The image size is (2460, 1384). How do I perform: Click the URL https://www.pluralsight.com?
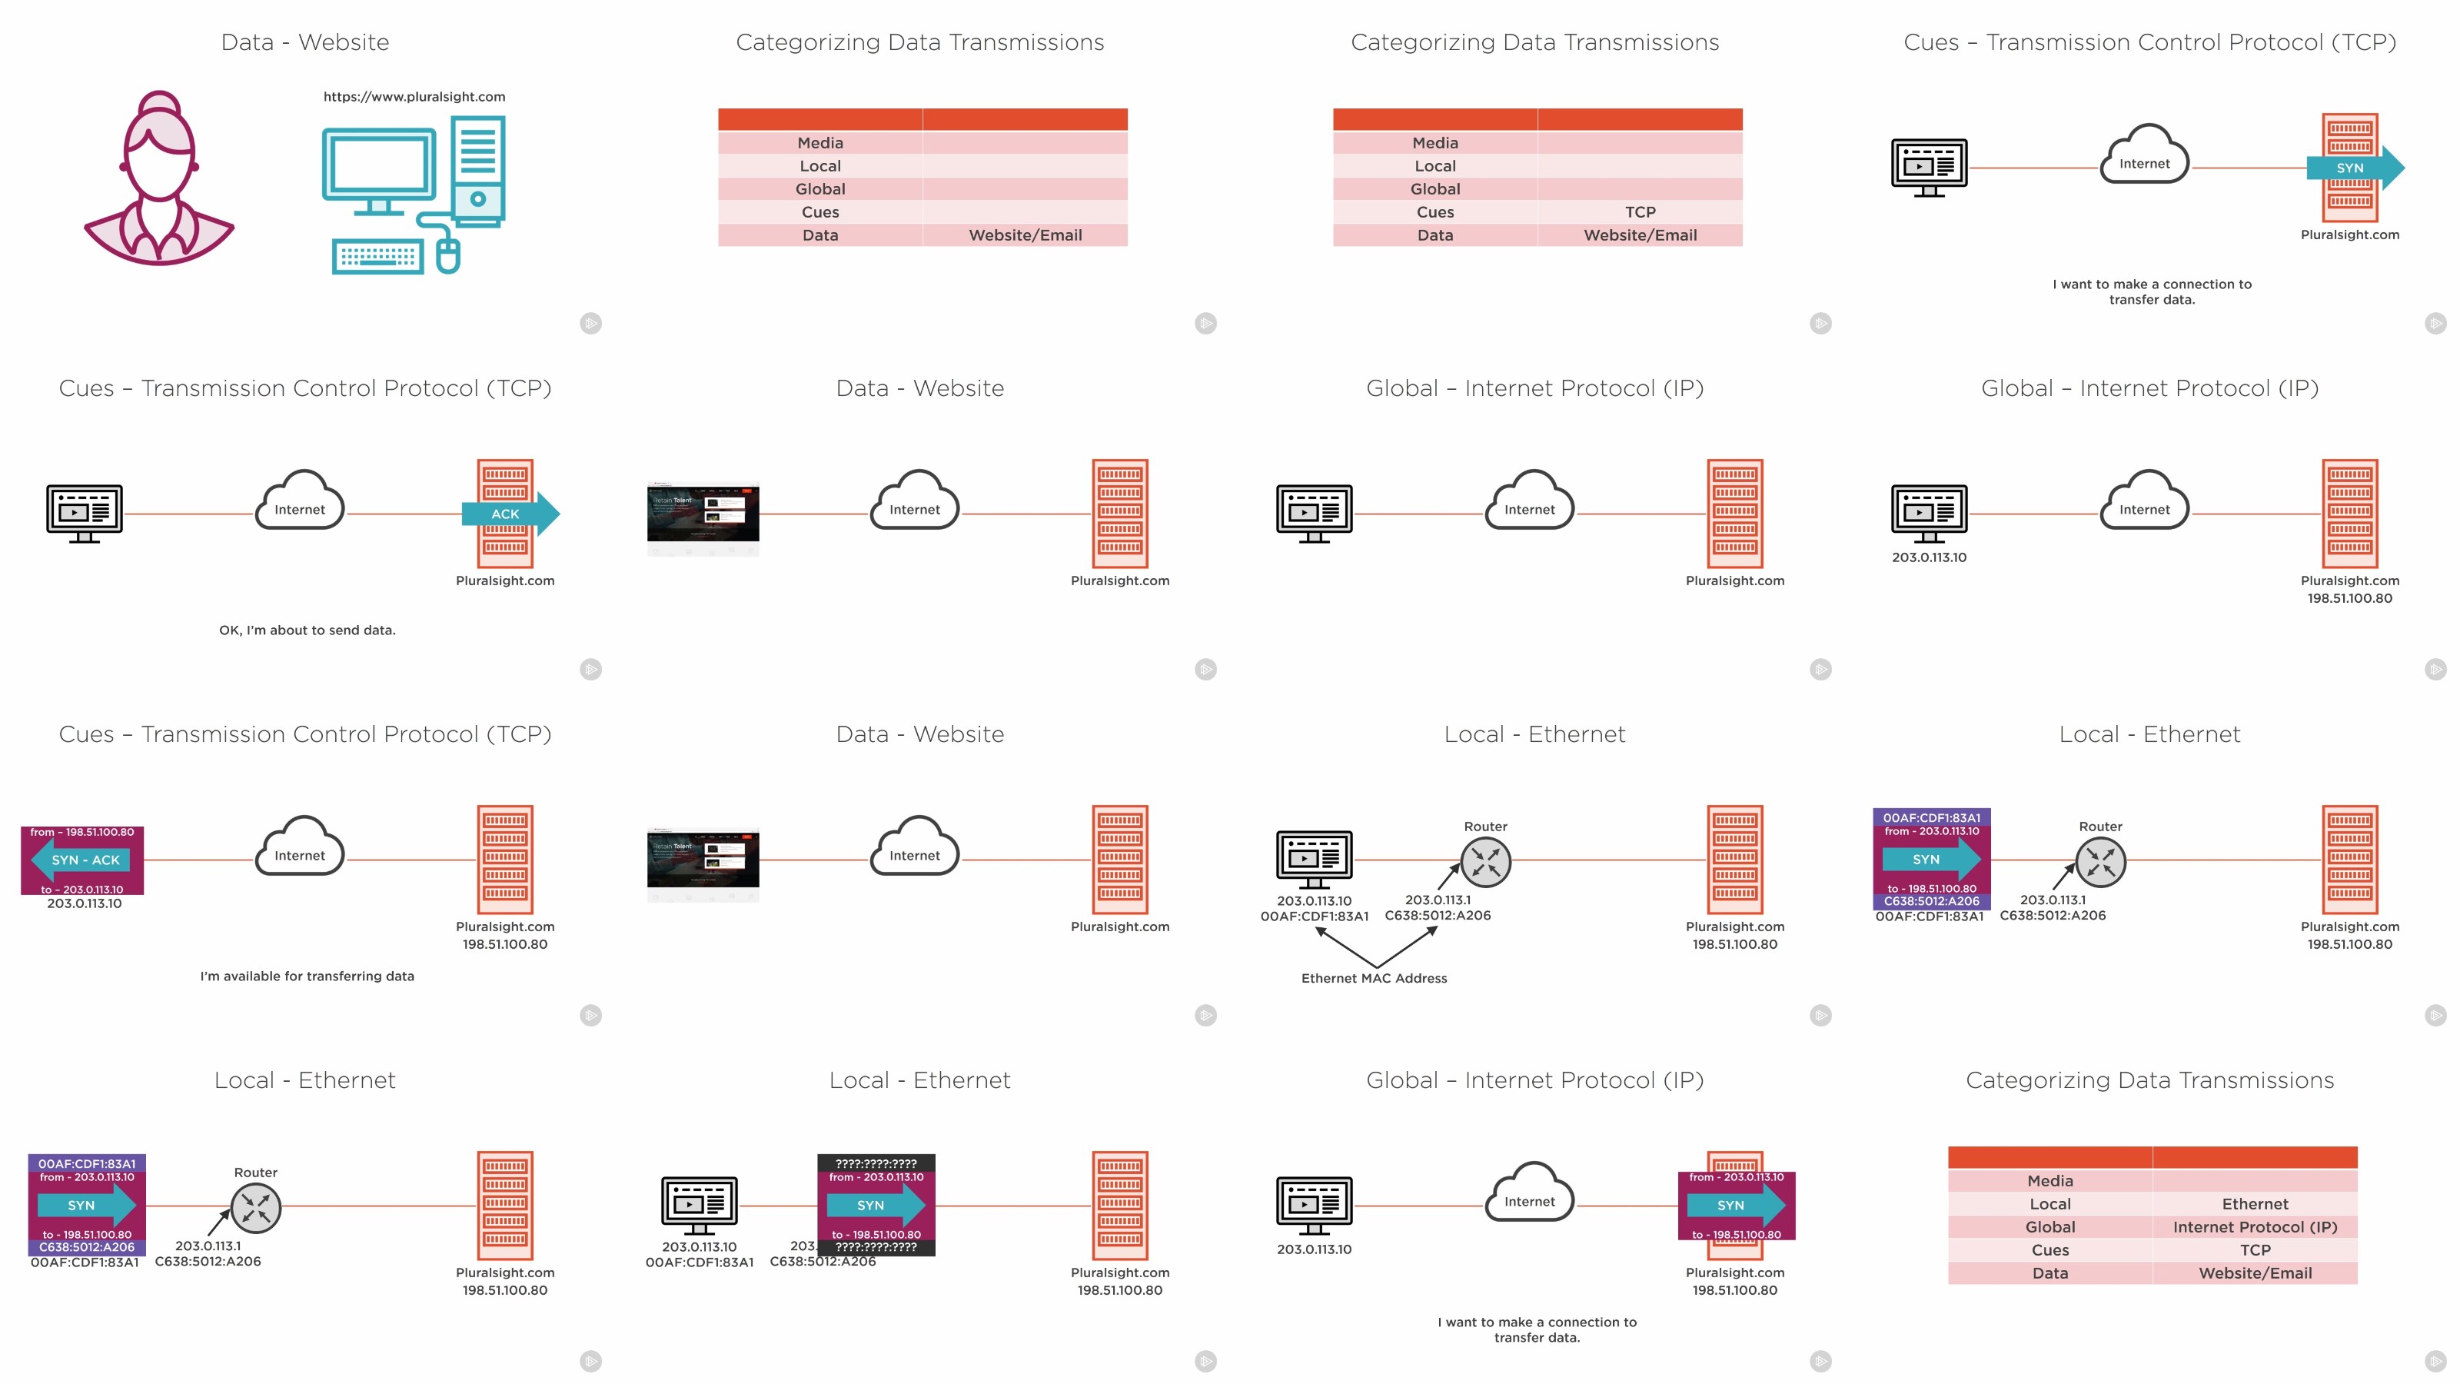414,96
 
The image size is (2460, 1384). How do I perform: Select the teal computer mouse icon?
448,255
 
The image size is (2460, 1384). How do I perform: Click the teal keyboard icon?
377,256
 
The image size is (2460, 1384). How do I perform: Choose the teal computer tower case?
477,170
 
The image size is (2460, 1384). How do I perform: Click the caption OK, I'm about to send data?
307,630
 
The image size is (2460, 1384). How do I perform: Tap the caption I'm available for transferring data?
307,976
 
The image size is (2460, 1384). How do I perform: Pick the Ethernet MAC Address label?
1375,978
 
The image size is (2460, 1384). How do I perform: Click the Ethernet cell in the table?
2255,1203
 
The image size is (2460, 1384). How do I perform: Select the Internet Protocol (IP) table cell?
2255,1226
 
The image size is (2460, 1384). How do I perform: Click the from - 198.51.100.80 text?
82,832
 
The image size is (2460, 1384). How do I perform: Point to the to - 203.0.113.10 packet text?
82,890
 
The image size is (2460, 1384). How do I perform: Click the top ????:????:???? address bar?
876,1163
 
